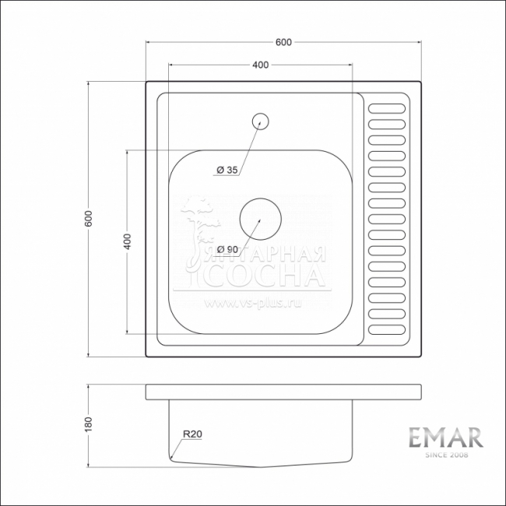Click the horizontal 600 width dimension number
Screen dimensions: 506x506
point(283,43)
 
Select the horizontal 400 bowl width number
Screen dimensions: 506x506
point(260,65)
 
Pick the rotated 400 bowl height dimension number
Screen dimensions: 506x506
point(127,241)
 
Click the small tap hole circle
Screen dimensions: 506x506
point(260,121)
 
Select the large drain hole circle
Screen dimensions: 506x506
point(259,218)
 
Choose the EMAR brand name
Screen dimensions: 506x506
point(446,437)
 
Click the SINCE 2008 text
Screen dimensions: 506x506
point(446,455)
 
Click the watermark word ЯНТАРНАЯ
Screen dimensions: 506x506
point(267,255)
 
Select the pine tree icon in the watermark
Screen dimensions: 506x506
point(200,226)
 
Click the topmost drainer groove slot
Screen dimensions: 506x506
point(387,108)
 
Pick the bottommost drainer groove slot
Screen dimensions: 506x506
point(387,329)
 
